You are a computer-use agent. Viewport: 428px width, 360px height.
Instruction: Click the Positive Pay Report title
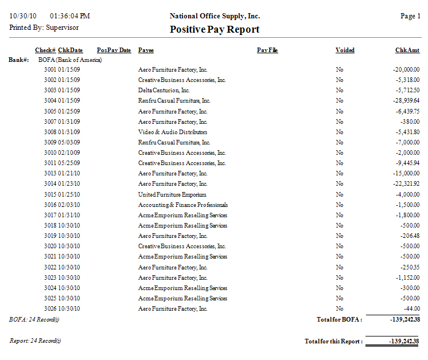pos(215,29)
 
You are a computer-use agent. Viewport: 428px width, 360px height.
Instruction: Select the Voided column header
pos(345,50)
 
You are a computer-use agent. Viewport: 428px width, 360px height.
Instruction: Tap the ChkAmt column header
pos(407,50)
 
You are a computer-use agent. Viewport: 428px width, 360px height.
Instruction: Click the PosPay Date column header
pos(114,50)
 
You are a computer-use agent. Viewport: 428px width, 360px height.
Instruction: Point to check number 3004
pos(50,101)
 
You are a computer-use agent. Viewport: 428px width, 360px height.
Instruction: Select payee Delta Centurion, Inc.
pos(164,91)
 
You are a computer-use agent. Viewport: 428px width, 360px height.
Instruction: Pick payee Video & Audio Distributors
pos(169,132)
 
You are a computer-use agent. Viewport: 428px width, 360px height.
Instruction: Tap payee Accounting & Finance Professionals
pos(183,205)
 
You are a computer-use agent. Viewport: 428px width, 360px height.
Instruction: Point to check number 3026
pos(50,309)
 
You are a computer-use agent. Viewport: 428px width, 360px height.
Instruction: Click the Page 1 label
pos(410,16)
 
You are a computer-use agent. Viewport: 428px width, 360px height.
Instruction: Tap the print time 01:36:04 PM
pos(70,16)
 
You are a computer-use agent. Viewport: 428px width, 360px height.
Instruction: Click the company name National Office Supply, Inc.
pos(215,16)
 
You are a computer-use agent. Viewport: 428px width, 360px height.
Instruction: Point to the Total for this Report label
pos(333,342)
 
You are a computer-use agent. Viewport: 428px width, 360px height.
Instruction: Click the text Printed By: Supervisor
pos(44,27)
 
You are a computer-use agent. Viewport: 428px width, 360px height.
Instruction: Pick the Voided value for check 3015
pos(340,194)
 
